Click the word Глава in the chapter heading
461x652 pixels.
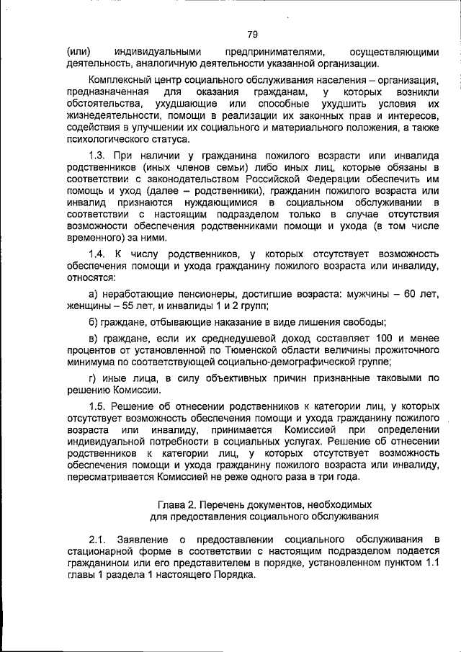click(171, 503)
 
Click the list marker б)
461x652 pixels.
click(93, 322)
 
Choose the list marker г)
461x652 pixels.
click(92, 377)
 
